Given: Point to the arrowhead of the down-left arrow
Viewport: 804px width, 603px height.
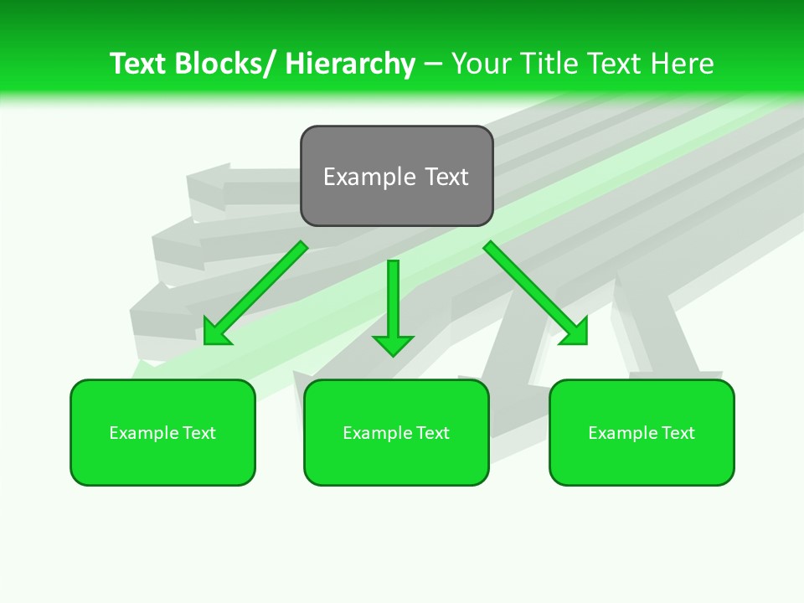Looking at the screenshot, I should click(215, 333).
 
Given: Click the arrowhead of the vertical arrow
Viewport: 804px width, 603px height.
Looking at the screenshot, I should click(393, 344).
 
